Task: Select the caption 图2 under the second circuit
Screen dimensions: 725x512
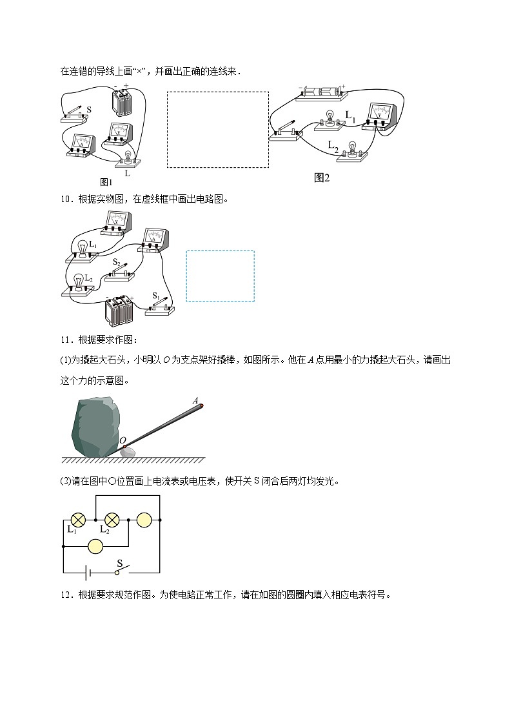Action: tap(321, 178)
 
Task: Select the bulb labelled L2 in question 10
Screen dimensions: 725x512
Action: tap(78, 283)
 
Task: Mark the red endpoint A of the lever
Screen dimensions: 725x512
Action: tap(202, 406)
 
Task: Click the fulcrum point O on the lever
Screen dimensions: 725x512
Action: tap(124, 447)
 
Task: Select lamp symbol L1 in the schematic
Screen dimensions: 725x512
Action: tap(79, 518)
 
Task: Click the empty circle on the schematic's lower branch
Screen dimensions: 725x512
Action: tap(95, 546)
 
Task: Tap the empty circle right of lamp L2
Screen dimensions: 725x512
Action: tap(144, 518)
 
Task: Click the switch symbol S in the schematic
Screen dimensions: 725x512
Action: tap(121, 571)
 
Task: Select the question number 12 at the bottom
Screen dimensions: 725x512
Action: tap(65, 596)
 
